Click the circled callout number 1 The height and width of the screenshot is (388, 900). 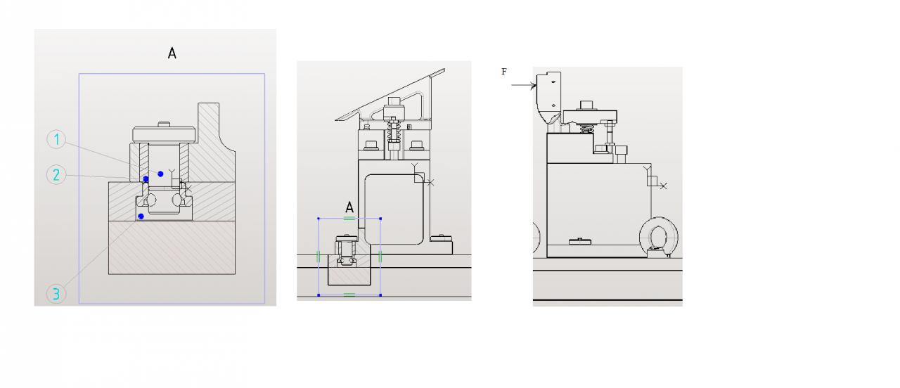(56, 140)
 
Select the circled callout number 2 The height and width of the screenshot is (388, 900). (56, 174)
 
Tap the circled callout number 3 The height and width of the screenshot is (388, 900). (56, 293)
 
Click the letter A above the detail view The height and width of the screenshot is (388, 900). (172, 53)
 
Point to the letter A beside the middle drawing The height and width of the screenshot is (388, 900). (349, 207)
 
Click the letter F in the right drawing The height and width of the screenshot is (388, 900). (503, 72)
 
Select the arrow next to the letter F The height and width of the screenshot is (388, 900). (523, 85)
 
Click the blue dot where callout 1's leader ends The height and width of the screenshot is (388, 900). (161, 174)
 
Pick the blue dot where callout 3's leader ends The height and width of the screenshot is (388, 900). (141, 216)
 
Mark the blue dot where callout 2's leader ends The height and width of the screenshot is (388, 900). (146, 179)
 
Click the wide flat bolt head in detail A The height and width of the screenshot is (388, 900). (163, 133)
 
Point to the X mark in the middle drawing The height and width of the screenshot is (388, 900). (430, 182)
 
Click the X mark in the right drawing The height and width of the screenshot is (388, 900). (663, 186)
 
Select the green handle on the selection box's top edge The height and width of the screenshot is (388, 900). (349, 218)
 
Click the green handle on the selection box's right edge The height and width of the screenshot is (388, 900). (380, 257)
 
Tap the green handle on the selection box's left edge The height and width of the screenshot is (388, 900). (319, 257)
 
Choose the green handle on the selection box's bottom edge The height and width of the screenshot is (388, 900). (349, 295)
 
